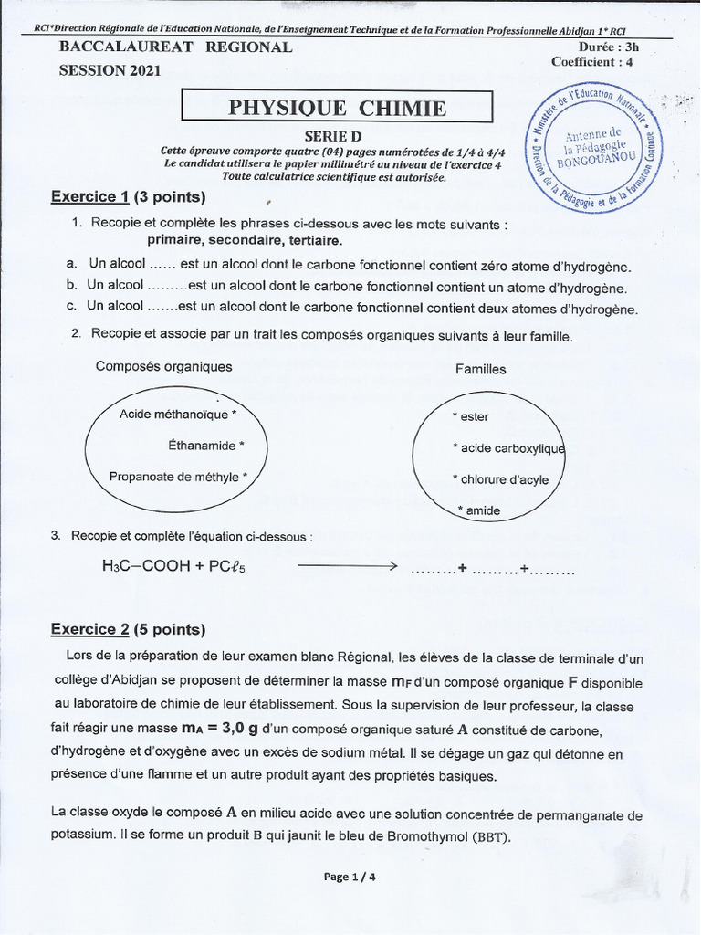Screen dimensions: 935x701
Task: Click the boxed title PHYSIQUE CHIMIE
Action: (x=337, y=109)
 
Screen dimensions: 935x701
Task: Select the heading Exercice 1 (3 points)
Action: (x=128, y=196)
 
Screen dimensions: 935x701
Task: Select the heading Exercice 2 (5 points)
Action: (x=128, y=629)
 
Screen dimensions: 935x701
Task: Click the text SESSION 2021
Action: (x=110, y=70)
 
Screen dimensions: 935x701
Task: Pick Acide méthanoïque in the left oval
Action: (x=177, y=415)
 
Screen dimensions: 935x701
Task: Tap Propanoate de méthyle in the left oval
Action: (x=177, y=477)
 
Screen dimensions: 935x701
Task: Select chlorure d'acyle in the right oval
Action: (x=501, y=479)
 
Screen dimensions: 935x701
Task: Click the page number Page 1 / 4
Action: (x=350, y=877)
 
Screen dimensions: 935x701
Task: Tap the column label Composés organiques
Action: (x=164, y=366)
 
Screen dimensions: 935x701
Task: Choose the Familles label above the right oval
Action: (x=481, y=369)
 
